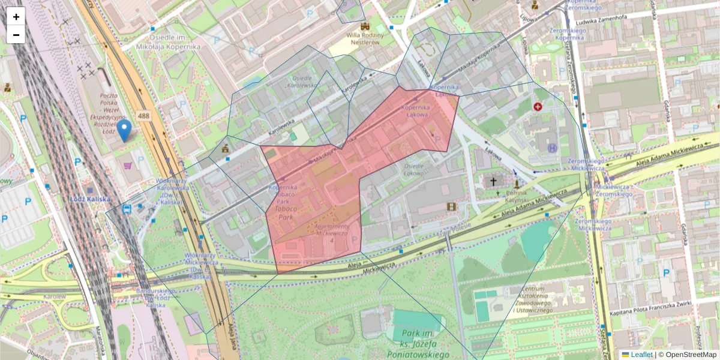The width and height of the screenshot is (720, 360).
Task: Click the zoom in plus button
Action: pos(16,17)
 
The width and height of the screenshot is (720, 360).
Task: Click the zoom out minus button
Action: pos(16,35)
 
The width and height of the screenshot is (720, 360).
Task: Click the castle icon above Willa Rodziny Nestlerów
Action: pos(365,26)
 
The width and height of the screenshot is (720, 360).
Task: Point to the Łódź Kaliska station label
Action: pos(90,199)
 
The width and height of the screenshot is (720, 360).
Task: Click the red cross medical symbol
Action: pos(538,107)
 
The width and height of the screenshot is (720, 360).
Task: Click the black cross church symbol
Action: pos(494,180)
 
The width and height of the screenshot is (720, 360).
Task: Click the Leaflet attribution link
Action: pos(641,355)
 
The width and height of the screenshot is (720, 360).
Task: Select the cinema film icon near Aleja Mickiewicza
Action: pos(451,206)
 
